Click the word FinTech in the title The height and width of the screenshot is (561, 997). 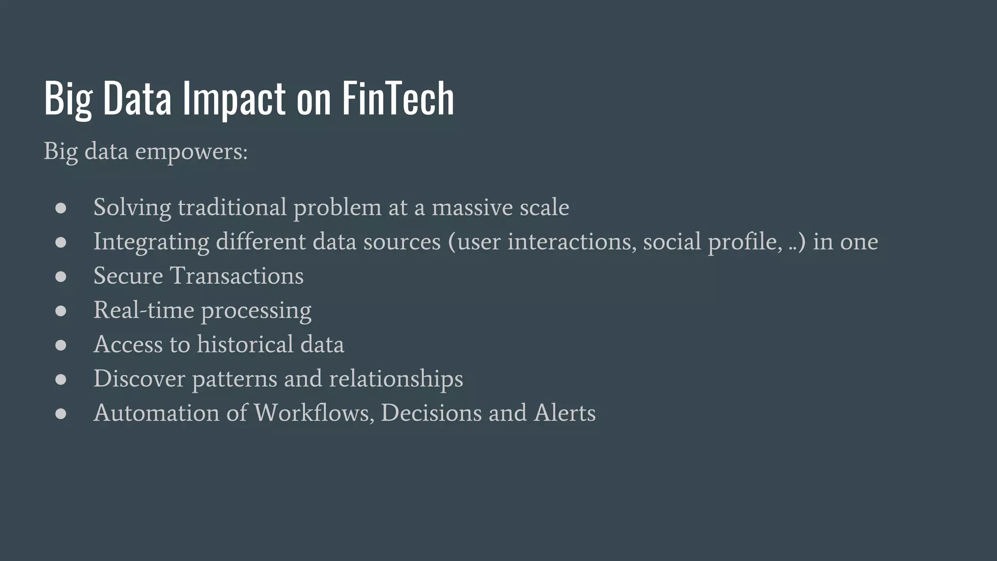(x=398, y=99)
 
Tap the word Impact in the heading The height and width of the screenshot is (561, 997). (x=234, y=99)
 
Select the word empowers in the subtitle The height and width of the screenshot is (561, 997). (x=191, y=151)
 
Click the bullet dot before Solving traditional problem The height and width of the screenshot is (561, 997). (x=61, y=208)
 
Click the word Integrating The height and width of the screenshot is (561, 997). (x=151, y=242)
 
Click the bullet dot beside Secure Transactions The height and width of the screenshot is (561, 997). (x=61, y=277)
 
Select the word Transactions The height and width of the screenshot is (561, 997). (x=236, y=276)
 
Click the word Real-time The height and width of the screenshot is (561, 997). (x=144, y=310)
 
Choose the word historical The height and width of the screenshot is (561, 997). (x=245, y=345)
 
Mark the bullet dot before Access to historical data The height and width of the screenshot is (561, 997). (x=61, y=345)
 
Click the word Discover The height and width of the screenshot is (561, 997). (x=139, y=379)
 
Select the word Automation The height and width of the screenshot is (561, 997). (x=156, y=413)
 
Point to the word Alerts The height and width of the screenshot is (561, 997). (x=565, y=413)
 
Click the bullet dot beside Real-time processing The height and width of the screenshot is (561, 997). (x=61, y=311)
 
